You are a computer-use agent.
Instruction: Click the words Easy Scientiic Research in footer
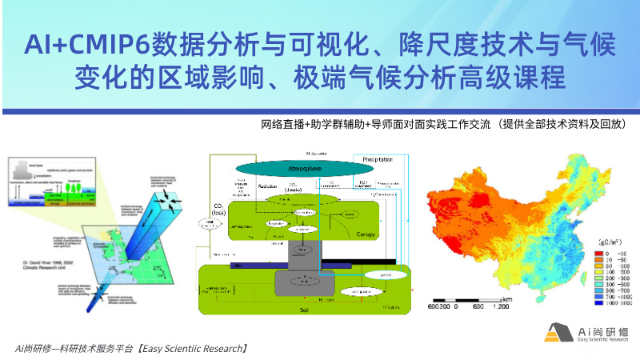(191, 349)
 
